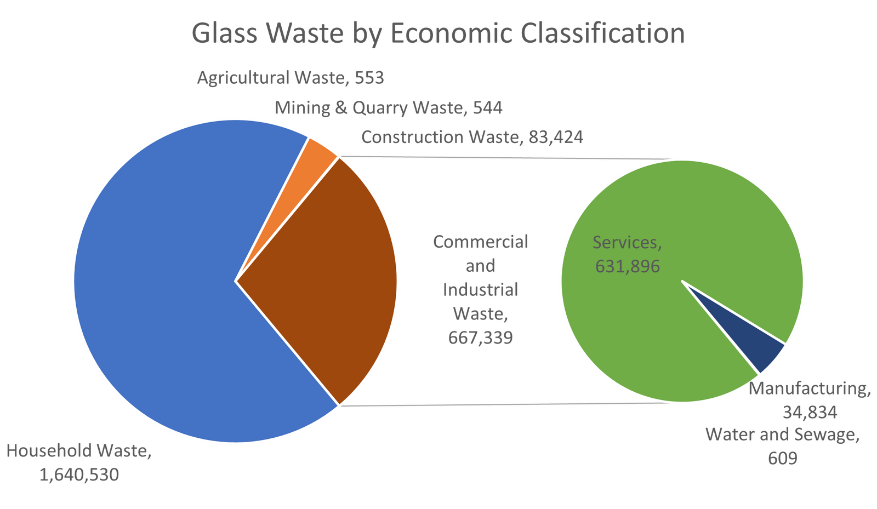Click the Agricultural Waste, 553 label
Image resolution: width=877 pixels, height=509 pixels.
tap(291, 78)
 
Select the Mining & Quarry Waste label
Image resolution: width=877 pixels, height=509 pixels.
tap(389, 107)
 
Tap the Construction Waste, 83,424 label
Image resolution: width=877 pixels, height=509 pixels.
tap(472, 136)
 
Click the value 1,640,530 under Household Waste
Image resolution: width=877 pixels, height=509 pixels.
tap(79, 474)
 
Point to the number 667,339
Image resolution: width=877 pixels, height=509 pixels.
tap(481, 337)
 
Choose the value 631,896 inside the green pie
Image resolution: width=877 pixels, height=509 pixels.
tap(628, 266)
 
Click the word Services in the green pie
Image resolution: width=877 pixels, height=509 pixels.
tap(627, 242)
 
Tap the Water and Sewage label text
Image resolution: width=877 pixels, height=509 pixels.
tap(782, 435)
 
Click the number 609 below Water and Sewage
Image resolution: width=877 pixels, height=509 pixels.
tap(782, 457)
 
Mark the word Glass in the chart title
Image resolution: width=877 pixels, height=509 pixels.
tap(224, 33)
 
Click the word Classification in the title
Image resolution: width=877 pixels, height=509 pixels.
tap(602, 33)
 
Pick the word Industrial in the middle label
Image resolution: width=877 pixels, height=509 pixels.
tap(481, 289)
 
